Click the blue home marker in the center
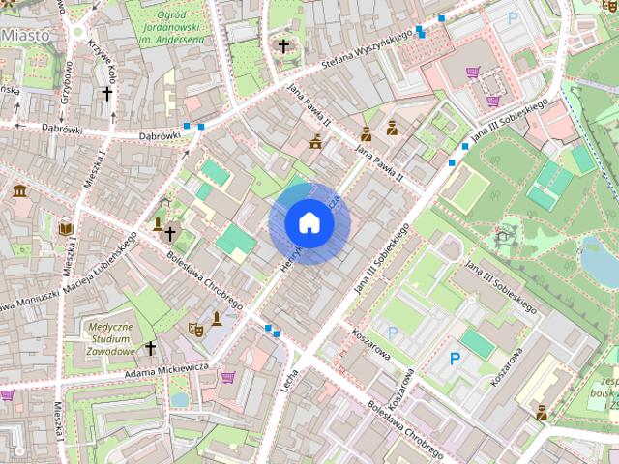coord(309,223)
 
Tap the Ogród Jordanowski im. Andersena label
coord(171,26)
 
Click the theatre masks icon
coord(195,329)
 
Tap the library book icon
coord(66,229)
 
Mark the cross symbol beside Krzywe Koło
coord(107,94)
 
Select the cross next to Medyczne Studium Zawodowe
coord(150,347)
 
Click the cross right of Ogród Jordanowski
coord(283,45)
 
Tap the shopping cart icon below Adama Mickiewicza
coord(228,377)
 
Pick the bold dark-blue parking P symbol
coord(455,359)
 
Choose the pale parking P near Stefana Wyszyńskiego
coord(514,16)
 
